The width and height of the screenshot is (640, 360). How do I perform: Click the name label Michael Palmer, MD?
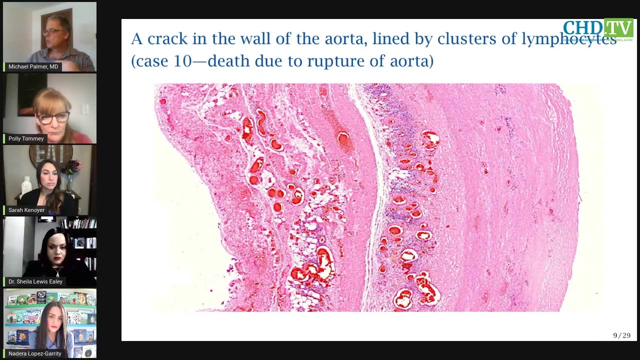coord(33,66)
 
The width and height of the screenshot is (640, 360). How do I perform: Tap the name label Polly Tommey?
coord(26,138)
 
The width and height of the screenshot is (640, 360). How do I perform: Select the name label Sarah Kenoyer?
coord(26,210)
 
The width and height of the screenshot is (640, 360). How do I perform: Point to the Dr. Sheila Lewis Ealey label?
coord(35,281)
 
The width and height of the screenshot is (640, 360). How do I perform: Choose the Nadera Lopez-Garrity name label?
coord(34,353)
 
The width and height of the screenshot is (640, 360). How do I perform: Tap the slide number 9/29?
coord(621,335)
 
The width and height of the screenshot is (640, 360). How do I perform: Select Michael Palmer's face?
coord(53,32)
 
